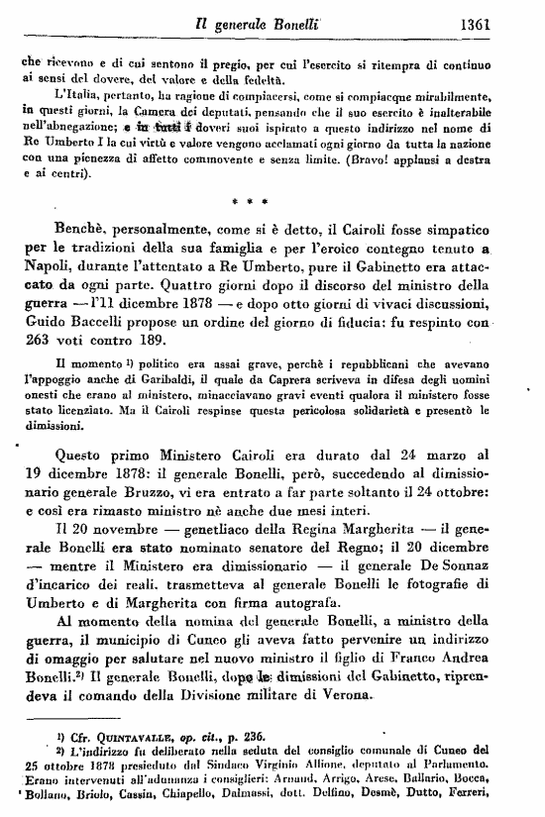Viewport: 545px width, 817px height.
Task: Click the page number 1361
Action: pyautogui.click(x=508, y=17)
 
